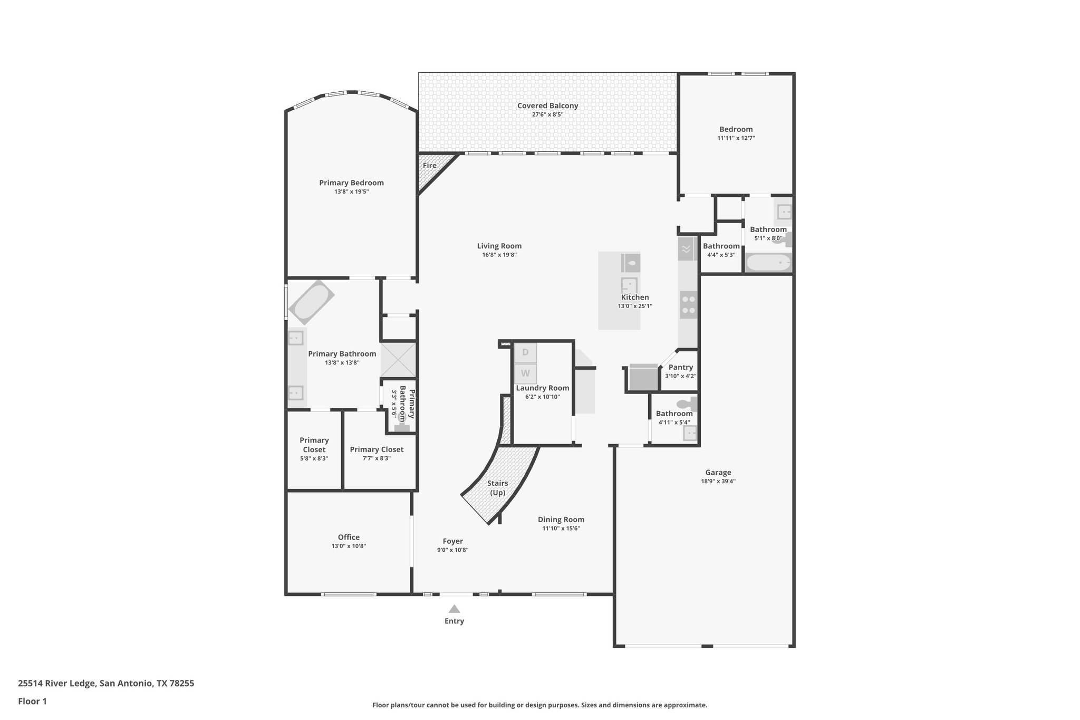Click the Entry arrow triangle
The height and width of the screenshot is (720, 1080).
pos(454,609)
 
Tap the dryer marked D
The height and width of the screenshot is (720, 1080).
pos(525,352)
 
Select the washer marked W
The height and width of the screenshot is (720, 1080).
pos(525,373)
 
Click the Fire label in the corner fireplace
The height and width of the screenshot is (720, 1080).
pos(429,166)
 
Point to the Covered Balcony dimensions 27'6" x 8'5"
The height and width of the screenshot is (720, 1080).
pos(547,114)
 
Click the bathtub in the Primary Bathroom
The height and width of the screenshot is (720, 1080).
pos(311,302)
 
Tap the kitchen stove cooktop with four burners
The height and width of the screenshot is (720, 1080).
pos(688,305)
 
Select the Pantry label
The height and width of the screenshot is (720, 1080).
pos(680,367)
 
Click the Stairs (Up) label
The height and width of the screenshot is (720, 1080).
pos(497,488)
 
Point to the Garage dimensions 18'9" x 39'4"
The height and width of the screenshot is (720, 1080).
pos(718,481)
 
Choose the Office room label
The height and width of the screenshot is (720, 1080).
pos(349,537)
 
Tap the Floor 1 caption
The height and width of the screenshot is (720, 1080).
pos(32,701)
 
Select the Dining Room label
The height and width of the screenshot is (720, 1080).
pos(561,519)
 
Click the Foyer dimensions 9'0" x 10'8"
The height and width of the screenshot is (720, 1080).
pos(452,550)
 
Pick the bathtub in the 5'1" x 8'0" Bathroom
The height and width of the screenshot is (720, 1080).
pos(768,262)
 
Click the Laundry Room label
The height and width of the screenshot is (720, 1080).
pos(542,388)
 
